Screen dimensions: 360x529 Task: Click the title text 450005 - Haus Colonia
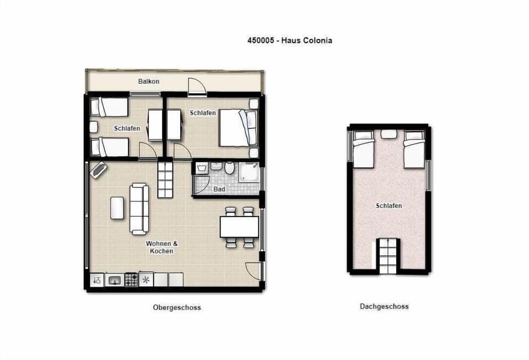tap(289, 40)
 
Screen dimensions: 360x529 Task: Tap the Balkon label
tap(149, 82)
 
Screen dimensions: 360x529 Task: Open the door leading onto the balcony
tap(197, 87)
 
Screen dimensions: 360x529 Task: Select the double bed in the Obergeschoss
tap(237, 128)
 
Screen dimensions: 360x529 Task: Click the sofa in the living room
tap(139, 209)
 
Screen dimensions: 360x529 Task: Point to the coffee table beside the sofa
tap(117, 208)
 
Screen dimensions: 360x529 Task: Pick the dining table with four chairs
tap(239, 227)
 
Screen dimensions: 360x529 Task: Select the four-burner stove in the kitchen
tap(131, 280)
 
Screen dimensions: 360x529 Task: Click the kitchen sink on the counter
tap(115, 280)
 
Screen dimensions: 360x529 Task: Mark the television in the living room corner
tap(99, 170)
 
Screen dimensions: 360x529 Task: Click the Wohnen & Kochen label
tap(160, 247)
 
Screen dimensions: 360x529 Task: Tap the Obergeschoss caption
tap(177, 308)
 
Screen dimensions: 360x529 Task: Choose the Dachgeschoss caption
tap(384, 307)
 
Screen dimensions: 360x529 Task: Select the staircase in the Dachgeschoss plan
tap(387, 256)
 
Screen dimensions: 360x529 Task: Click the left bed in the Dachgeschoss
tap(363, 149)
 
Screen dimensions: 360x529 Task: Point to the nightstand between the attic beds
tap(389, 133)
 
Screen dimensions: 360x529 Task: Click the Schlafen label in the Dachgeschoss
tap(388, 206)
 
